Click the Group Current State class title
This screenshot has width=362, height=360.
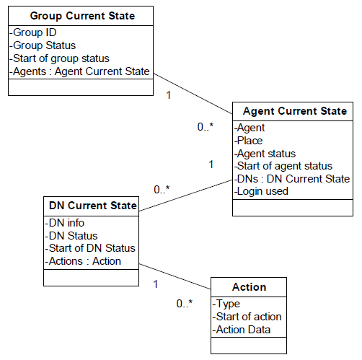82,16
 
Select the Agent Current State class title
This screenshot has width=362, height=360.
295,111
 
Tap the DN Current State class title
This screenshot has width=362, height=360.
93,206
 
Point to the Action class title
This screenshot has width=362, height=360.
250,287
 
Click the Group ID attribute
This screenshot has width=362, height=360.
33,32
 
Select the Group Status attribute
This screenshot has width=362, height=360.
43,45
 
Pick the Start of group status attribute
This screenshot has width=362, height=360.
59,58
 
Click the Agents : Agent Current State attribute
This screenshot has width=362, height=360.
79,71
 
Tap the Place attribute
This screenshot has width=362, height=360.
249,141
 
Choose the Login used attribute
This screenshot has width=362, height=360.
261,191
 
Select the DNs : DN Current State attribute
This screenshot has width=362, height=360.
292,179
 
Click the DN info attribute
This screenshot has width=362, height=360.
64,223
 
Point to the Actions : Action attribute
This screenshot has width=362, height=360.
83,261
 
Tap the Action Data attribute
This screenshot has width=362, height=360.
242,330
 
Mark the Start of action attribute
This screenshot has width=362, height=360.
247,317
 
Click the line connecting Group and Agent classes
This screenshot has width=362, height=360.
193,94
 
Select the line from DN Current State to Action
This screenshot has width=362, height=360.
175,276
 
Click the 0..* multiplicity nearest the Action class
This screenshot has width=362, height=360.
185,304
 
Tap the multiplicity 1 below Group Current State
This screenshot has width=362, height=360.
169,95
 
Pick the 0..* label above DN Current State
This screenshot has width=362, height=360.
162,190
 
